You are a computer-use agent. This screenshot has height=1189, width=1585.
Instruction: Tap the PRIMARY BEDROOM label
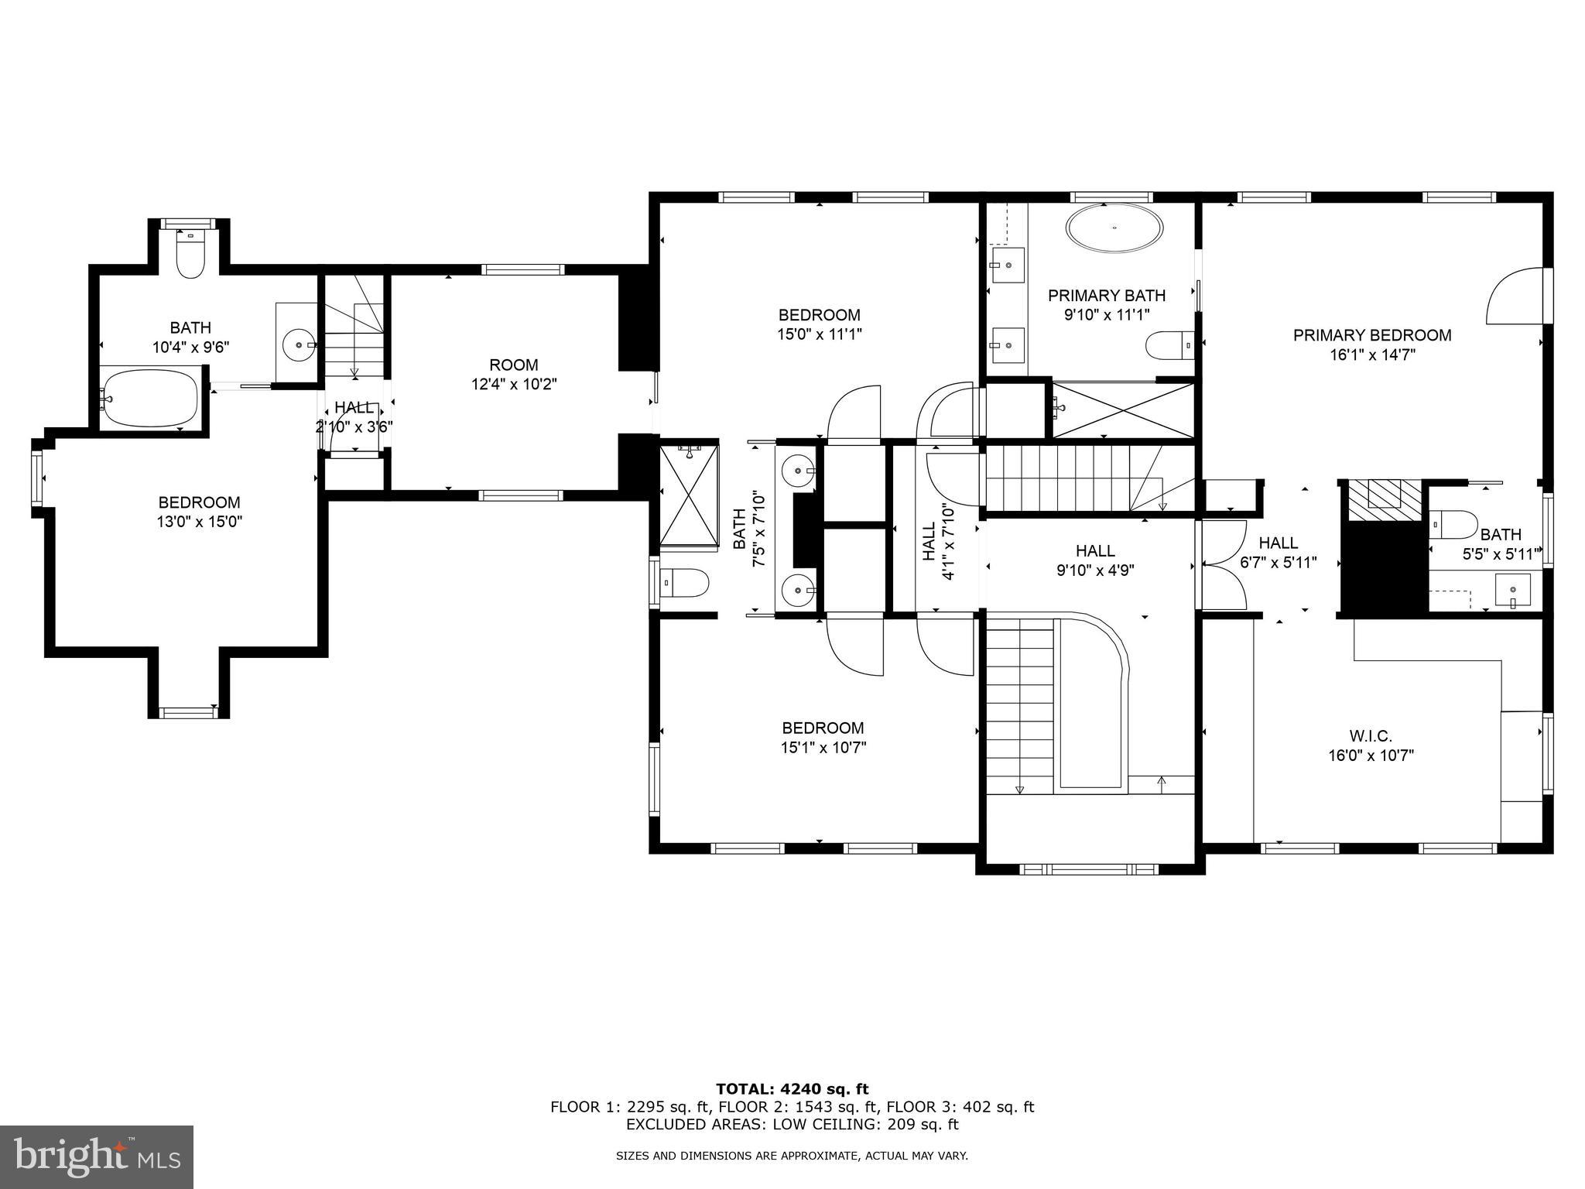[x=1371, y=335]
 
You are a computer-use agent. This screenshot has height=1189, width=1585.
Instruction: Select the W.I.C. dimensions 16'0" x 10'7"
[x=1371, y=756]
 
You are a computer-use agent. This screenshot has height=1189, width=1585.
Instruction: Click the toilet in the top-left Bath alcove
[x=190, y=257]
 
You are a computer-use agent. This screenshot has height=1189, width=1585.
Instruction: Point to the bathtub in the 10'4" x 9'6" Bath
[x=150, y=398]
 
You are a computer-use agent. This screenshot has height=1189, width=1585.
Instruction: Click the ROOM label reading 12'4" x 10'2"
[x=514, y=374]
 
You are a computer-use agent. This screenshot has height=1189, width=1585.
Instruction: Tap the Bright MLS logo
[x=96, y=1156]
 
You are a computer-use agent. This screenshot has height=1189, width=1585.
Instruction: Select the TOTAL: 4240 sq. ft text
[x=792, y=1089]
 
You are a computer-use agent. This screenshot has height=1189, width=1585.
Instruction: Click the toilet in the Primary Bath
[x=1169, y=345]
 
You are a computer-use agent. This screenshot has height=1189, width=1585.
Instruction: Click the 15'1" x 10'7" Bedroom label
[x=823, y=738]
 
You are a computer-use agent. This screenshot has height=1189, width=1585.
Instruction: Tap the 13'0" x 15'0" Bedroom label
[x=199, y=512]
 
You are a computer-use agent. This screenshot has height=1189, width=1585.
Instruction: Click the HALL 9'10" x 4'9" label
[x=1095, y=560]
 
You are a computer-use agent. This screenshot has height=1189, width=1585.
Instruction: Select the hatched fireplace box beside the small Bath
[x=1385, y=499]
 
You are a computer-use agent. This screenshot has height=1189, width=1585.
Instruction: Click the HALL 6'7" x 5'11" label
[x=1278, y=553]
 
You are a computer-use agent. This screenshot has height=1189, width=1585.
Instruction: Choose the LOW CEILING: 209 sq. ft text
[x=875, y=1125]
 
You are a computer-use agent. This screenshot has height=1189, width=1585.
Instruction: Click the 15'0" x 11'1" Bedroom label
[x=819, y=324]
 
